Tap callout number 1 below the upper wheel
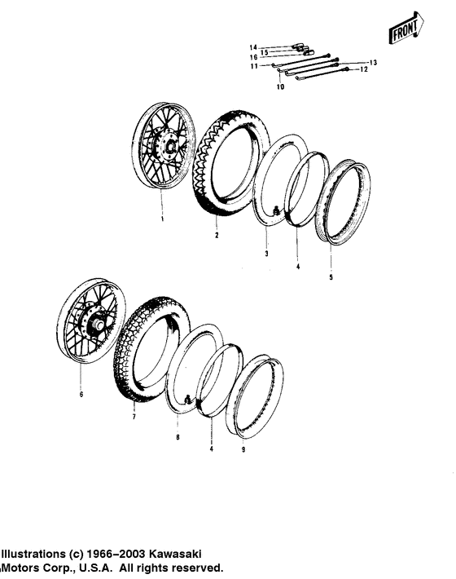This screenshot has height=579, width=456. pyautogui.click(x=162, y=219)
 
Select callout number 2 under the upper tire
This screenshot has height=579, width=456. pyautogui.click(x=217, y=236)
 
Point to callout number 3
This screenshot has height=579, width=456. pyautogui.click(x=265, y=254)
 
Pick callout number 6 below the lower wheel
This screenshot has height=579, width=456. pyautogui.click(x=81, y=394)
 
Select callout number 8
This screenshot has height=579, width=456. pyautogui.click(x=178, y=437)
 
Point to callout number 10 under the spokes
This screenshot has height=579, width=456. pyautogui.click(x=280, y=86)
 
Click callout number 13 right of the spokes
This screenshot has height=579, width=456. pyautogui.click(x=374, y=63)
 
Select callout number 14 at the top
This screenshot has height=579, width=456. pyautogui.click(x=253, y=46)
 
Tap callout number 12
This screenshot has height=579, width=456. pyautogui.click(x=364, y=70)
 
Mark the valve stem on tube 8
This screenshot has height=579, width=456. pyautogui.click(x=187, y=400)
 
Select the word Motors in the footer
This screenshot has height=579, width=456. pyautogui.click(x=24, y=567)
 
